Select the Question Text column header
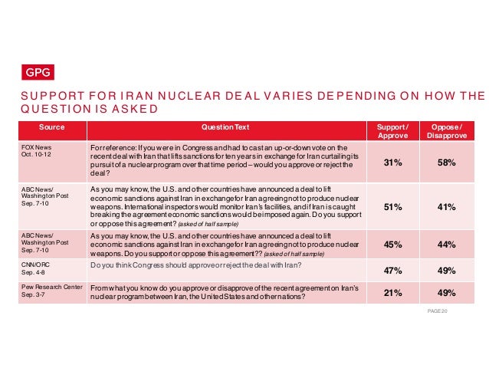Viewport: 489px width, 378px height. coord(225,127)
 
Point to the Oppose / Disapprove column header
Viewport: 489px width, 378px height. coord(446,131)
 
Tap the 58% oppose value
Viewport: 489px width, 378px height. coord(446,163)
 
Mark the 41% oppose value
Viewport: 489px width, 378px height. coord(446,205)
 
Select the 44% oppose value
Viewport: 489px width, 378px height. coord(446,245)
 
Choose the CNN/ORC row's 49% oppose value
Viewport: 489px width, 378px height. coord(446,271)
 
